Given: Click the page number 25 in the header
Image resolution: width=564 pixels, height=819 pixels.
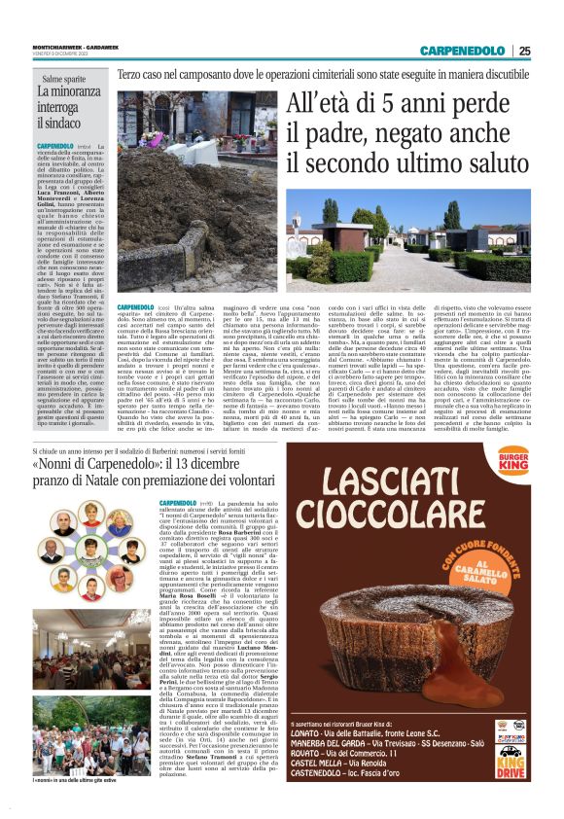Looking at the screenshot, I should [524, 51].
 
